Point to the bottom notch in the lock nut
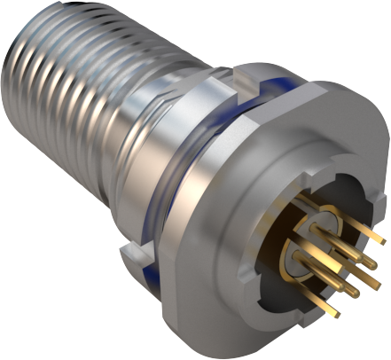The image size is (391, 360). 133,258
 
